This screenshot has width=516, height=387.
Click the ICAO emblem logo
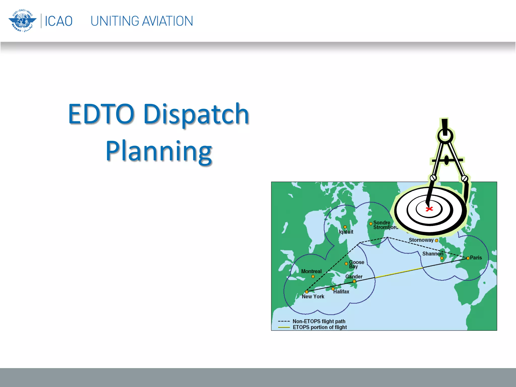click(x=22, y=21)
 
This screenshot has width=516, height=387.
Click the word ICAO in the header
click(x=58, y=21)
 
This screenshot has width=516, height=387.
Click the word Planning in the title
click(x=159, y=151)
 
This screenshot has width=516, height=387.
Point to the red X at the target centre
click(x=429, y=209)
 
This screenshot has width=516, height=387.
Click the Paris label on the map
click(x=476, y=257)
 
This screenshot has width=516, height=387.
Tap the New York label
click(x=313, y=297)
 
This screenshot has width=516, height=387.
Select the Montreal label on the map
click(x=311, y=271)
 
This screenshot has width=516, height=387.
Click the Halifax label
click(x=341, y=292)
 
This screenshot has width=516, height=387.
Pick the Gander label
click(x=354, y=276)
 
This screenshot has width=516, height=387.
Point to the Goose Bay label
click(x=356, y=264)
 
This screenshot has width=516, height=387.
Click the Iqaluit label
click(x=346, y=232)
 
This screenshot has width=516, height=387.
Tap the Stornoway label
click(x=421, y=240)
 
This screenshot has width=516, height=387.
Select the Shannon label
click(x=432, y=254)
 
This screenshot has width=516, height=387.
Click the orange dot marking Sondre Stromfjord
click(x=371, y=223)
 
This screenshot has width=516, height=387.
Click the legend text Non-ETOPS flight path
click(x=319, y=321)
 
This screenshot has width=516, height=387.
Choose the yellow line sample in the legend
click(x=284, y=327)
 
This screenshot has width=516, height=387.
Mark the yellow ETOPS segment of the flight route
click(x=399, y=273)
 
